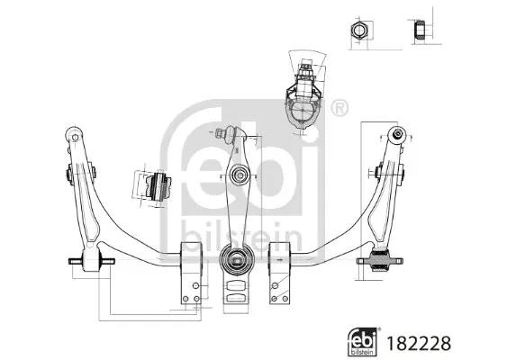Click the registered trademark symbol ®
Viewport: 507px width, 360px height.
(x=338, y=108)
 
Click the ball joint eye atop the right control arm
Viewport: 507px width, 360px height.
(x=394, y=136)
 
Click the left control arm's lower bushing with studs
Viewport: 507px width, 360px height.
(x=91, y=263)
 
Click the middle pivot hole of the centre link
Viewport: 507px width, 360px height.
(x=239, y=174)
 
